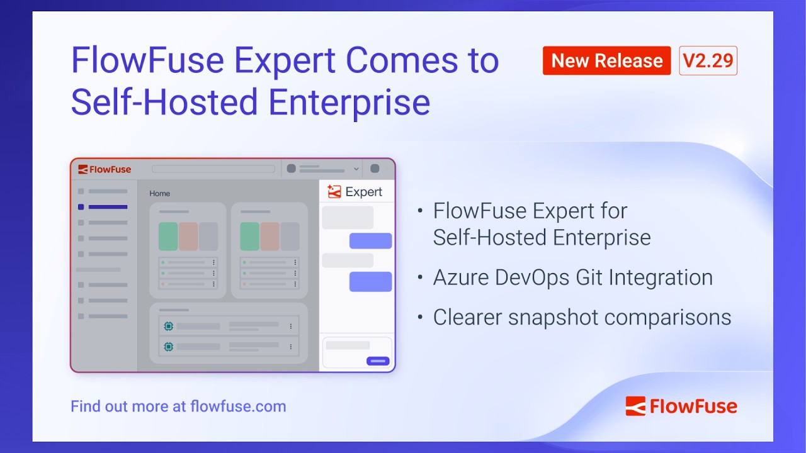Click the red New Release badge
coord(606,61)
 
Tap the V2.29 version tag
coord(708,61)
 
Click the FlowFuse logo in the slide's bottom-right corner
coord(681,406)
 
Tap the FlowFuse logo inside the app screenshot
coord(105,169)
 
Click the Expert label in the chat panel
coord(364,192)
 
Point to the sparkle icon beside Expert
coord(334,192)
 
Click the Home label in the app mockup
coord(159,194)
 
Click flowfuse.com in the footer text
coord(238,406)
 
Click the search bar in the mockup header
coord(213,169)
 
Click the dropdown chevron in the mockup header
coord(356,169)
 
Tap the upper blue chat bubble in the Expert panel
coord(370,241)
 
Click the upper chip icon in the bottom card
coord(168,326)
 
